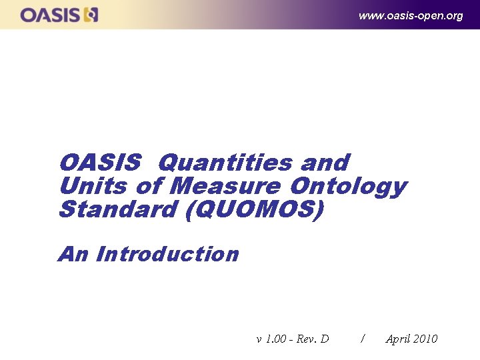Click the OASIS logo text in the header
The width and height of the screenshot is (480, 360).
[51, 15]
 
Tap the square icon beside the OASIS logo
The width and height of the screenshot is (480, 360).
[91, 15]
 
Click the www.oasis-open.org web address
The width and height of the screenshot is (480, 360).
[410, 15]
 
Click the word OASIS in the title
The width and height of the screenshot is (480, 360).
[100, 163]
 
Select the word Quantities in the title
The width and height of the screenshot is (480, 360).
[226, 163]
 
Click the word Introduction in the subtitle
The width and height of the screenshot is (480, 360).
[167, 254]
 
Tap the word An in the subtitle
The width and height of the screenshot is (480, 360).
[74, 254]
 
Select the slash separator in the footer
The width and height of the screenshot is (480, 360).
[362, 339]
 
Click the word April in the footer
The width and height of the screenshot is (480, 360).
[397, 339]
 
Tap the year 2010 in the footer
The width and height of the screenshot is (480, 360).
[425, 339]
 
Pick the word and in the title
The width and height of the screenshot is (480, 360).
[325, 163]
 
